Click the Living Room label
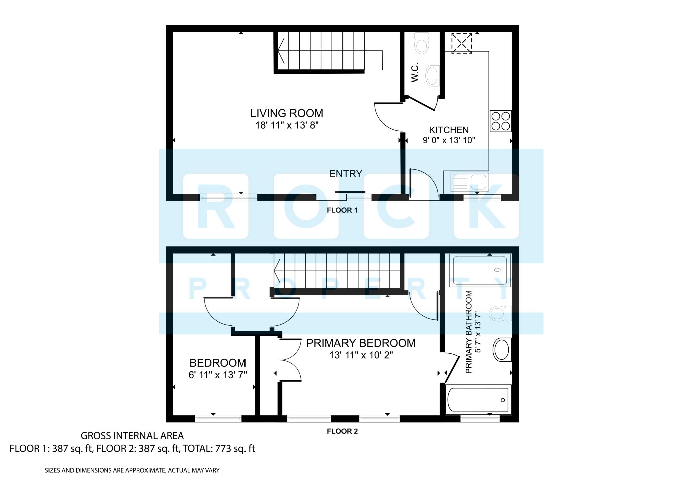287,113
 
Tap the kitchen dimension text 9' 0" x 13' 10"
449,140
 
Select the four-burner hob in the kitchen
501,121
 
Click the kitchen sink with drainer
469,182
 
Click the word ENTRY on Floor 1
346,174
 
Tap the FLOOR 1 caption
342,210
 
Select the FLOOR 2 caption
342,431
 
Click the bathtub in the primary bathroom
478,400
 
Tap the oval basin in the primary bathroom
502,350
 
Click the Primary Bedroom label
361,343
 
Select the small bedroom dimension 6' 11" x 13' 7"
218,375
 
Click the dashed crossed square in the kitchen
462,43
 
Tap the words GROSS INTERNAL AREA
132,436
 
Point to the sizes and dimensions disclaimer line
132,470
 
